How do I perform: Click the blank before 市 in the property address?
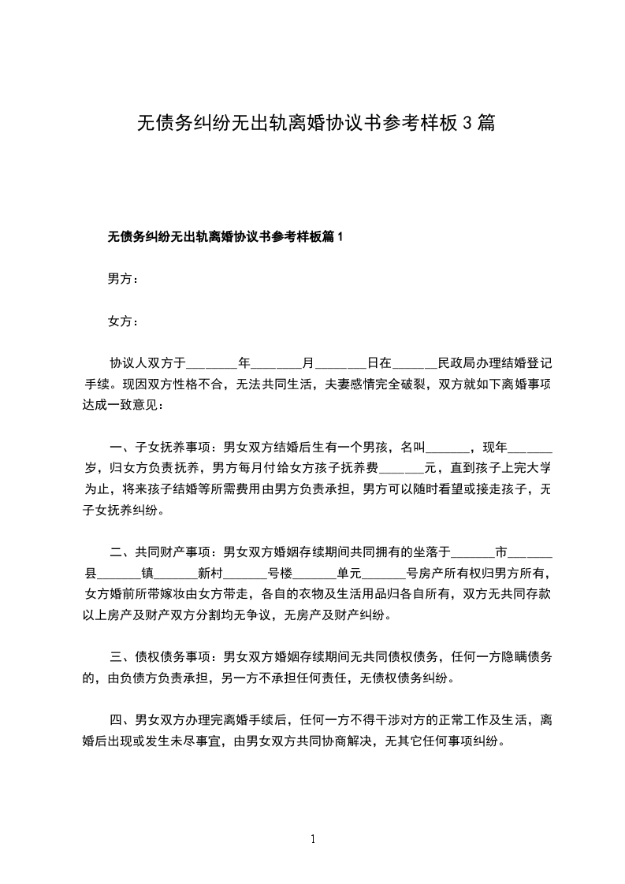(472, 552)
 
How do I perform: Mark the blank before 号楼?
(245, 573)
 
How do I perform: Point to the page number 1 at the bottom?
(313, 839)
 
